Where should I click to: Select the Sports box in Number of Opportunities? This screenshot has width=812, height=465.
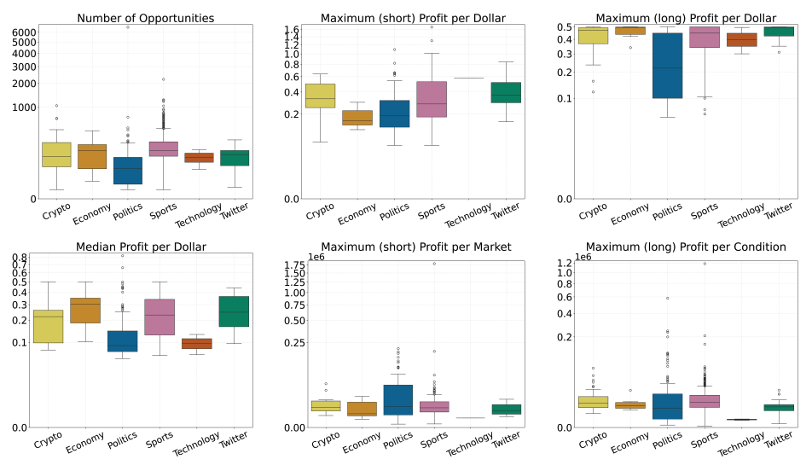point(163,148)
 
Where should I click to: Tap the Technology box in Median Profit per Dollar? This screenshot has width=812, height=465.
point(199,344)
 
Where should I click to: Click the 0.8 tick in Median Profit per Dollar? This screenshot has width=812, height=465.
point(20,258)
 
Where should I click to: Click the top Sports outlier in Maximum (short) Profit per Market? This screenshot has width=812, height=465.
point(433,264)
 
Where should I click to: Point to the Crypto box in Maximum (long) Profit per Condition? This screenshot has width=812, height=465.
point(592,402)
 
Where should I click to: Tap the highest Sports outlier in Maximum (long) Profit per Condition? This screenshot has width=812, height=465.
point(705,264)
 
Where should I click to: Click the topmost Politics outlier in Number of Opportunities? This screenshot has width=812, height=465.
point(128,27)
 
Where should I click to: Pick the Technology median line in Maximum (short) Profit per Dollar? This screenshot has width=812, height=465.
point(468,78)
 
